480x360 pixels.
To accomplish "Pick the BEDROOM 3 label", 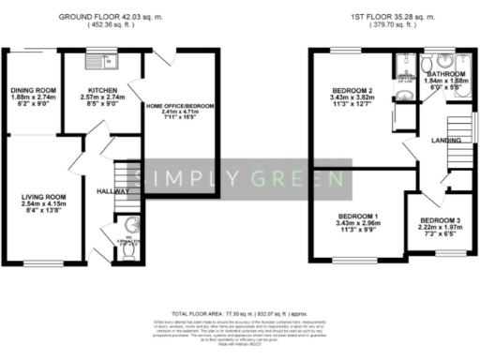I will (x=435, y=222).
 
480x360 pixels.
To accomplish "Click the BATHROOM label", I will (x=445, y=73).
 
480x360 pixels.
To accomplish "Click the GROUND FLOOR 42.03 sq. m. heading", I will (x=111, y=17).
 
